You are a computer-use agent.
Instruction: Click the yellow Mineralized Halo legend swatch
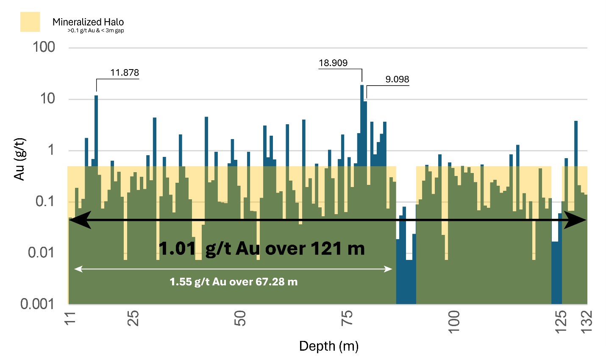(x=30, y=22)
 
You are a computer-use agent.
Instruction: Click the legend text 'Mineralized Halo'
(x=88, y=22)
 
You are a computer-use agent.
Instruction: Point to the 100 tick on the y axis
(x=44, y=47)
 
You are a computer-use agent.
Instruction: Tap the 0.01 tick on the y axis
(x=41, y=253)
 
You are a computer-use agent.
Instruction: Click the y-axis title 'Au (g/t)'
(x=19, y=159)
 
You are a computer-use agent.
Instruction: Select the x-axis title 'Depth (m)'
(x=329, y=346)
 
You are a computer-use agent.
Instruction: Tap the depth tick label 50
(x=240, y=318)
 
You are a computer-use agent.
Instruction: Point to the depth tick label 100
(x=453, y=321)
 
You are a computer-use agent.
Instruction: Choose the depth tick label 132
(x=587, y=321)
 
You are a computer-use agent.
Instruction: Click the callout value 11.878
(x=125, y=73)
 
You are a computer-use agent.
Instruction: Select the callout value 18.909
(x=333, y=63)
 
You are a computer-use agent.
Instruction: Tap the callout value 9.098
(x=397, y=79)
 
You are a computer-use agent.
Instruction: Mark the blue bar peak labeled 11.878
(x=96, y=127)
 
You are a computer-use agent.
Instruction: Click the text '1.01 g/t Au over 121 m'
(x=261, y=248)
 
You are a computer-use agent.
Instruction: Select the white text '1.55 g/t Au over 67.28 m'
(x=234, y=282)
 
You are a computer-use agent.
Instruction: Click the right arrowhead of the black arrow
(x=576, y=220)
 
